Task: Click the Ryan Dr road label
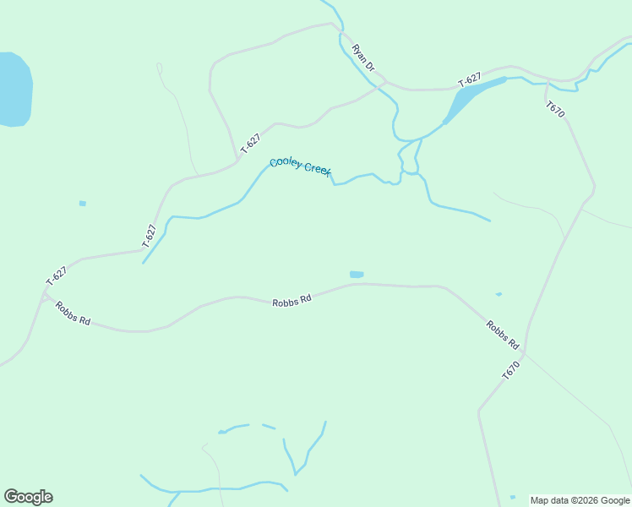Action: tap(363, 57)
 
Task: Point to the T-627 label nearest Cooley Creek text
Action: tap(250, 143)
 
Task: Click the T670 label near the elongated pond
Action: tap(555, 109)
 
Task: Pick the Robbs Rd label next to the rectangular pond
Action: tap(292, 300)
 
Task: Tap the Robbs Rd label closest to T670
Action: tap(502, 334)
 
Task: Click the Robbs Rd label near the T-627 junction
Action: tap(73, 313)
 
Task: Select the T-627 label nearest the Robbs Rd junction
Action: tap(56, 275)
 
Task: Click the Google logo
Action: tap(28, 497)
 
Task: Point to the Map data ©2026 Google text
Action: tap(580, 500)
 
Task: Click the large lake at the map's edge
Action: tap(14, 90)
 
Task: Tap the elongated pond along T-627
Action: tap(473, 92)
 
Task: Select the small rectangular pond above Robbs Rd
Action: tap(357, 275)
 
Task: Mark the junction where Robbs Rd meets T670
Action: tap(525, 352)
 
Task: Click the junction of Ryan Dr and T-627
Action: tap(386, 83)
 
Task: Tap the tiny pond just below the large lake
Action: tap(82, 203)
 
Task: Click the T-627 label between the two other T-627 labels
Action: tap(150, 234)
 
